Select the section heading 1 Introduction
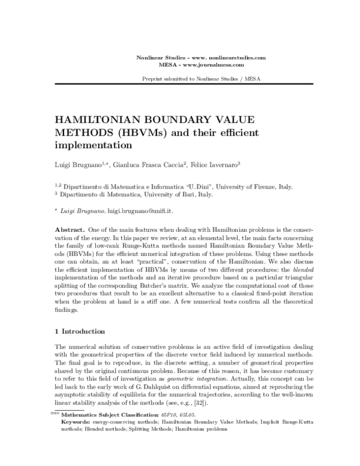(x=80, y=331)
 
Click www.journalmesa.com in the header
(x=214, y=64)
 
